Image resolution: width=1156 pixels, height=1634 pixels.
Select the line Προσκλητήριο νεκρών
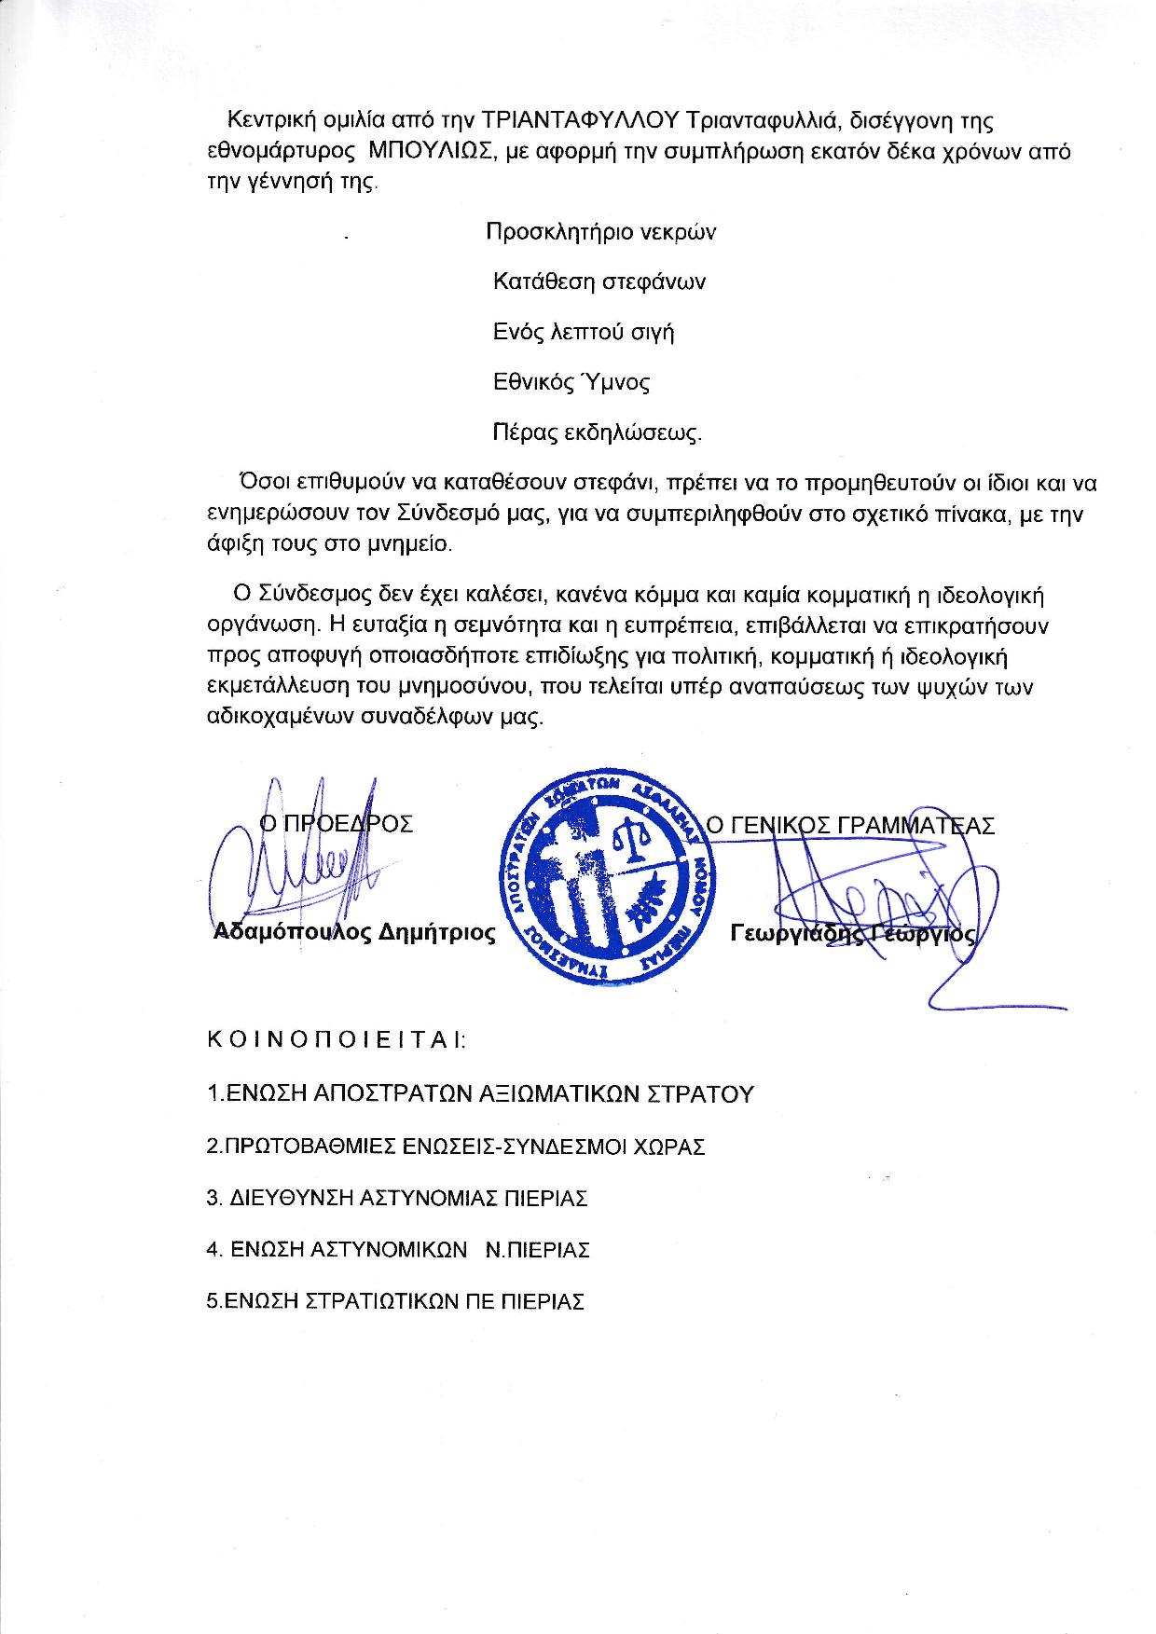601,232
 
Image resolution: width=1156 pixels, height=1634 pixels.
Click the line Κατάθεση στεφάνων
599,281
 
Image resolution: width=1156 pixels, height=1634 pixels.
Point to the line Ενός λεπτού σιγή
583,332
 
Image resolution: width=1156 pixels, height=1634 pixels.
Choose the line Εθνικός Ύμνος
571,382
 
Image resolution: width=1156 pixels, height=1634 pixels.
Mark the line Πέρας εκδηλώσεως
597,433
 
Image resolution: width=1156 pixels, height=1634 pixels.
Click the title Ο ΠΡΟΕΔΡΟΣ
336,824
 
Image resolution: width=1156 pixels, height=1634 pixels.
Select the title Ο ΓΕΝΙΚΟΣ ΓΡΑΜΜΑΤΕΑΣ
850,825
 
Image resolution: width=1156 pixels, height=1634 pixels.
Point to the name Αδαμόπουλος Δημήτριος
354,932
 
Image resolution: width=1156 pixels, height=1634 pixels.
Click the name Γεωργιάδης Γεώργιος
853,933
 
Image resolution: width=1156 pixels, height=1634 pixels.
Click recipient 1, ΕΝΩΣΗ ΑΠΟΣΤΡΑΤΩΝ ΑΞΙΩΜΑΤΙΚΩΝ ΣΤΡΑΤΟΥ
479,1093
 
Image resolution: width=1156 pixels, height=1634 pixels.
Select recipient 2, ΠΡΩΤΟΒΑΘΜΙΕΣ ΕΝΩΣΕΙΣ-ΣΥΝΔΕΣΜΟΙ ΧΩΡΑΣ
456,1146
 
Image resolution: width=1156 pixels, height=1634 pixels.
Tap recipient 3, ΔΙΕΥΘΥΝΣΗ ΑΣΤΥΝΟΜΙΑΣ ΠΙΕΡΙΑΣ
397,1198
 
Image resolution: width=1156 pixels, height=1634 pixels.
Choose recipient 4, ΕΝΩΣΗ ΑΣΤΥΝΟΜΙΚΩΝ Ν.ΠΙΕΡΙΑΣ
398,1249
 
